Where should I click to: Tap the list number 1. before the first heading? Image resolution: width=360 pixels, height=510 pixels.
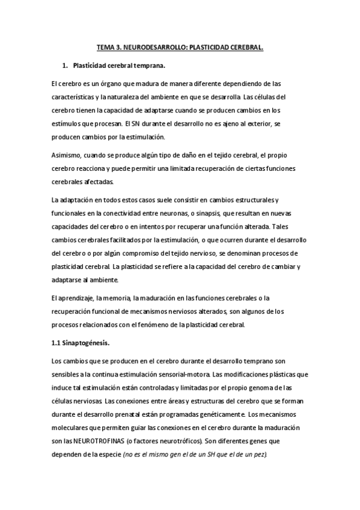click(x=66, y=64)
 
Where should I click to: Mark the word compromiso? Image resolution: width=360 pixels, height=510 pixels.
click(x=139, y=253)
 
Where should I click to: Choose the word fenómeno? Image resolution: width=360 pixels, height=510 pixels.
click(x=180, y=324)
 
